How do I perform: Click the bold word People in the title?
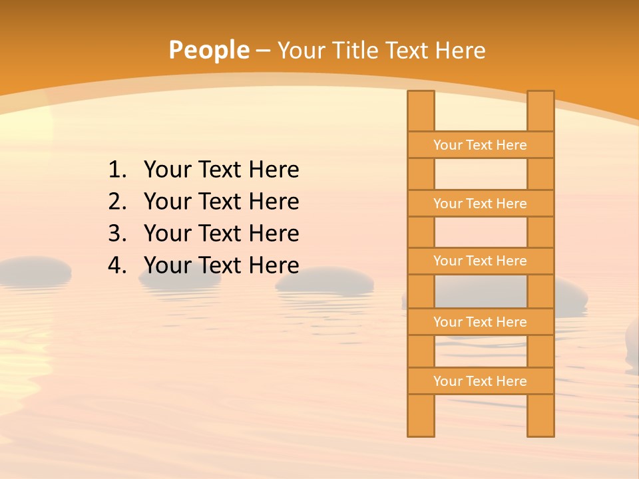point(208,50)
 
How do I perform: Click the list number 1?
point(116,170)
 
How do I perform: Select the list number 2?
point(116,202)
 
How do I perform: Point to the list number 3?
point(116,234)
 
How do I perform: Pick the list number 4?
point(116,265)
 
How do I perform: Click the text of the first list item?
point(221,170)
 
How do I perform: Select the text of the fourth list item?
point(221,265)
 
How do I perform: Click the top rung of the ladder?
point(480,145)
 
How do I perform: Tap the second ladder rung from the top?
point(480,204)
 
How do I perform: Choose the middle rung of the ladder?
point(480,261)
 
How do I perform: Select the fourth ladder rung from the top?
point(480,322)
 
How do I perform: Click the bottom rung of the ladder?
point(480,381)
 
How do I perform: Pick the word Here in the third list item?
point(274,234)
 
